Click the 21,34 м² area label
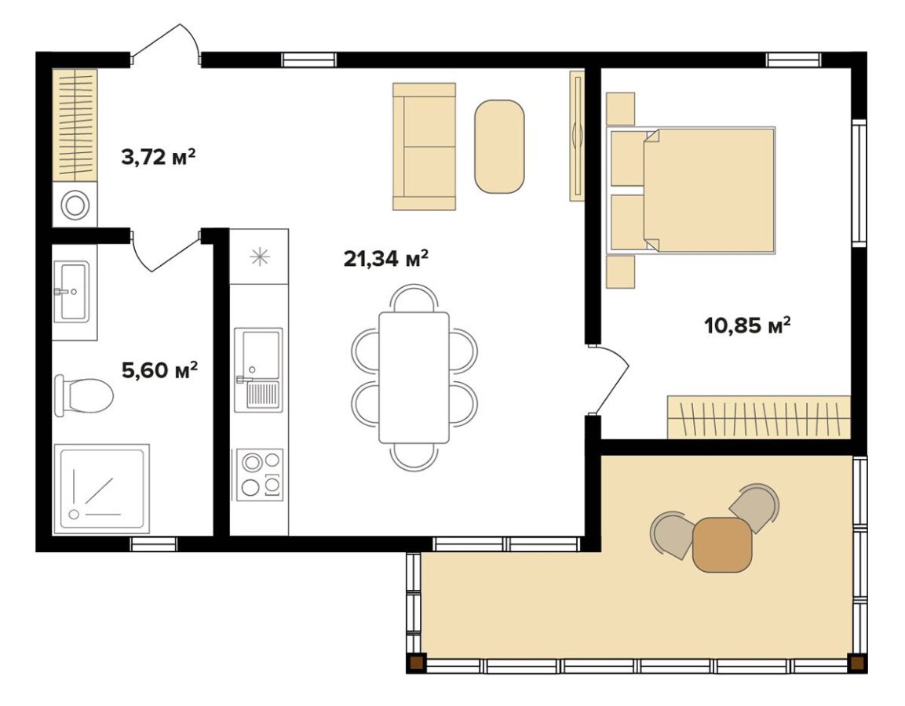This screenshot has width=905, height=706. coord(385,258)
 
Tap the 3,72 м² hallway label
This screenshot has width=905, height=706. coord(158,156)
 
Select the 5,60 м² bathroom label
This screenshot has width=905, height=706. coord(160,369)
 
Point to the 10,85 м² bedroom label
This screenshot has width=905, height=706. coord(747,326)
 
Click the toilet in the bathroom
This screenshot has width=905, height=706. coord(84,395)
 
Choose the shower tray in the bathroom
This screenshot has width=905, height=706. coord(101,489)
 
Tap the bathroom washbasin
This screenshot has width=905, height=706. coord(71,291)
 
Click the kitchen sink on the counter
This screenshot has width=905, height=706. coord(258,369)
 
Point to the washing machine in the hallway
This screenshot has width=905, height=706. coord(75,205)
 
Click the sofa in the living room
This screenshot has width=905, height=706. coord(424,146)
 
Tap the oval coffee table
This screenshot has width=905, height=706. coord(499,147)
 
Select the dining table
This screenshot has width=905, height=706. coord(414,378)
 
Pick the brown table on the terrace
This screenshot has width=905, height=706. coord(722,545)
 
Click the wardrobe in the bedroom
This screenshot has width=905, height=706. coord(759,417)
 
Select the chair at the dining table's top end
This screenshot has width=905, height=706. coord(413,297)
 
